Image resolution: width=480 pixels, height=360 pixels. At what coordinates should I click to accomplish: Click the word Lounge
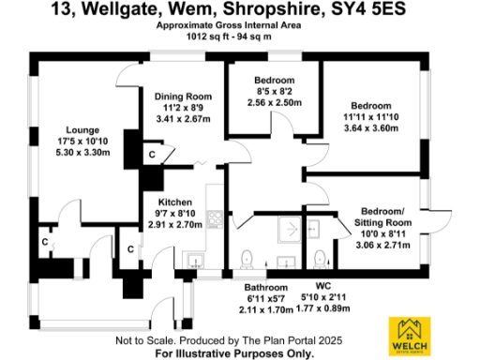point(82,129)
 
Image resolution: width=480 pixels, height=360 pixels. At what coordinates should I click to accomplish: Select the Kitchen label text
point(174,202)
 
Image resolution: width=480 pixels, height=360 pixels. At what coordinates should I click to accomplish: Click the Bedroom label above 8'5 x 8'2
point(275,80)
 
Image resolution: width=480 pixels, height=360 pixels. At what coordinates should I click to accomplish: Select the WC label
point(322,287)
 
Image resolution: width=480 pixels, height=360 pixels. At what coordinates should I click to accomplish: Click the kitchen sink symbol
point(196,260)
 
